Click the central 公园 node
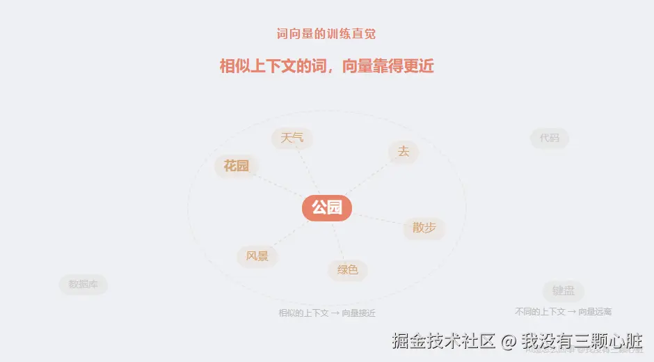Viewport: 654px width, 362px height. pyautogui.click(x=326, y=207)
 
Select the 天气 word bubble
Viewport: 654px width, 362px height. pyautogui.click(x=292, y=138)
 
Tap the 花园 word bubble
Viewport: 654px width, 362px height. pyautogui.click(x=236, y=166)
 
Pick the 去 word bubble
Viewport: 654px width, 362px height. pyautogui.click(x=403, y=152)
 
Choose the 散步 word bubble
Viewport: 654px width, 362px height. pyautogui.click(x=424, y=228)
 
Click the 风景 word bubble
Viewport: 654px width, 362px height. pyautogui.click(x=257, y=256)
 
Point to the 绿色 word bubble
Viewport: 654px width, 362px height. pyautogui.click(x=347, y=270)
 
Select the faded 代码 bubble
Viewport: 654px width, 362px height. pyautogui.click(x=549, y=138)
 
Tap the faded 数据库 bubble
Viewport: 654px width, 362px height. pyautogui.click(x=83, y=284)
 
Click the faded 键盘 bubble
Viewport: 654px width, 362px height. pyautogui.click(x=563, y=291)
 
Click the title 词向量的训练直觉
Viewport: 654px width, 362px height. pyautogui.click(x=326, y=33)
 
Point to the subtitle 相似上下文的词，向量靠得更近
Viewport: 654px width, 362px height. pyautogui.click(x=326, y=66)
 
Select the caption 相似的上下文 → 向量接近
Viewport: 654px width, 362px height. pyautogui.click(x=326, y=313)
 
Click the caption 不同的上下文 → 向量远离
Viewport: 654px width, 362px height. pyautogui.click(x=563, y=311)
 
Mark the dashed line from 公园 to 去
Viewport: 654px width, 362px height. pyautogui.click(x=367, y=178)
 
